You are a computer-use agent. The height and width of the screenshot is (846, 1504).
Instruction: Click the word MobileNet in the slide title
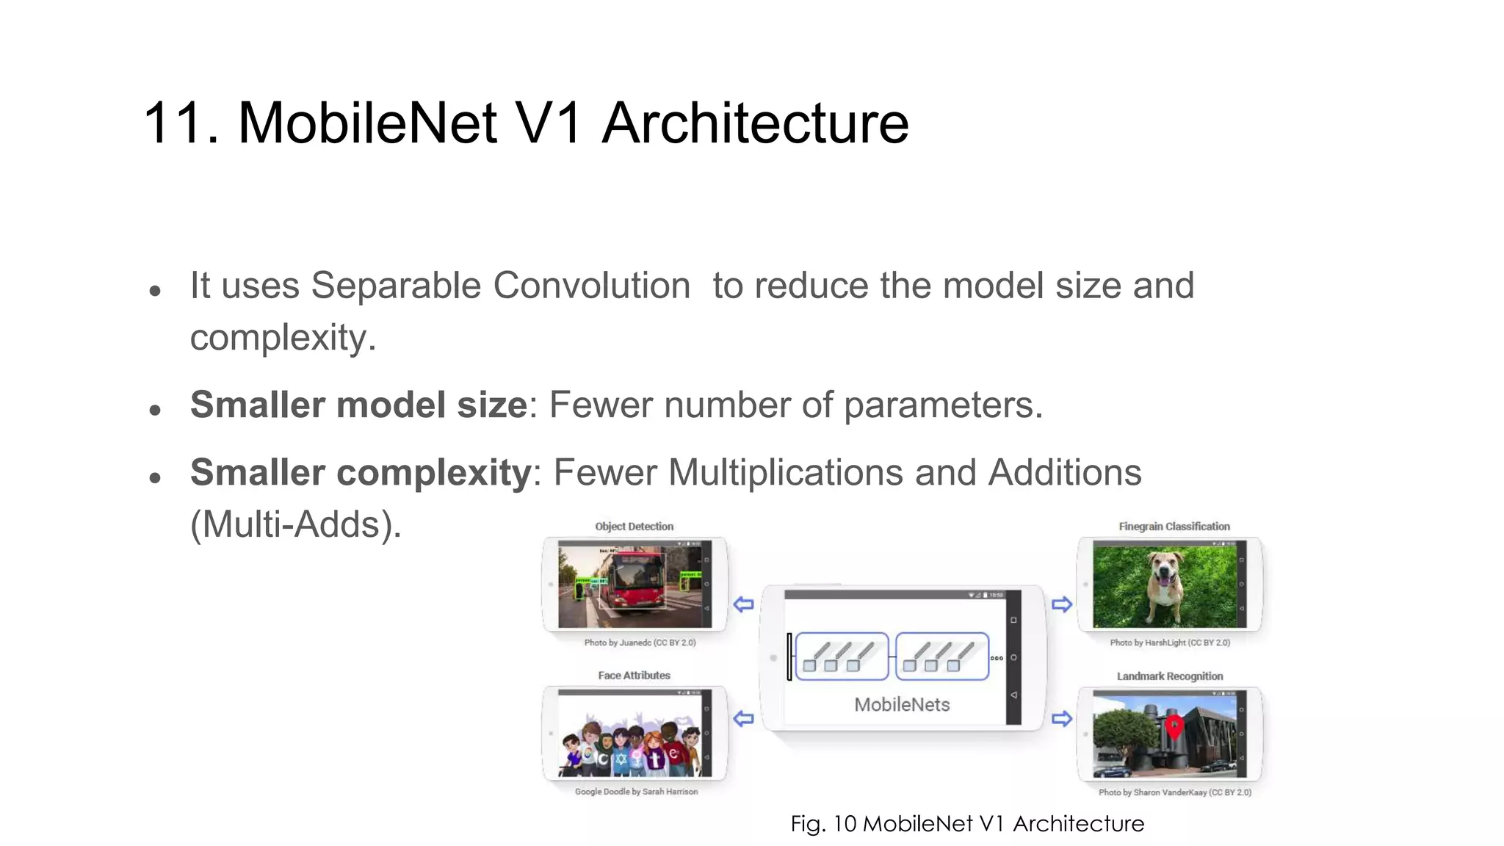(x=367, y=123)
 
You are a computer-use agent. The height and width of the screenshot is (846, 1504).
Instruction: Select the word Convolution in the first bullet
(x=591, y=286)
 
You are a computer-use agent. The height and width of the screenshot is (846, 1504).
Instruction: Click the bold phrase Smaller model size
(x=358, y=405)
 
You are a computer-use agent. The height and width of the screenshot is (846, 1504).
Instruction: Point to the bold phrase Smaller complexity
(x=360, y=472)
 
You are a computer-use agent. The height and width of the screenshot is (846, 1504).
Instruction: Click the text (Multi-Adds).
(x=295, y=525)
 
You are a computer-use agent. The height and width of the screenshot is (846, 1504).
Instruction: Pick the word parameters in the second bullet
(x=942, y=405)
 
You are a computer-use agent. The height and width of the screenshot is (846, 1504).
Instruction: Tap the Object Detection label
(x=634, y=527)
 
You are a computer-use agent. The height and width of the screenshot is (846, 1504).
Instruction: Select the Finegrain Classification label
(x=1174, y=527)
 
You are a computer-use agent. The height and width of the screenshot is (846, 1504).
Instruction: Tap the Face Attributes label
(x=634, y=676)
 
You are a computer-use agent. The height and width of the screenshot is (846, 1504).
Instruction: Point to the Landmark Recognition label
(x=1169, y=676)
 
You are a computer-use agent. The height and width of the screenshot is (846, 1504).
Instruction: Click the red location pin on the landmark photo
(x=1174, y=726)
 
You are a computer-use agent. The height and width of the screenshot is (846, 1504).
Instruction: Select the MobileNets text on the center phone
(x=902, y=705)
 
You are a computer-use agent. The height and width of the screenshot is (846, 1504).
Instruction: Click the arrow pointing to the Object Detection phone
(x=743, y=604)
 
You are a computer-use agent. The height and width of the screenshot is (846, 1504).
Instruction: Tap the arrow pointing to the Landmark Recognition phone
(x=1062, y=718)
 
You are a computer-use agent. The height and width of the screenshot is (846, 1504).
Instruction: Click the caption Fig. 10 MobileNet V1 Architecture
(x=966, y=824)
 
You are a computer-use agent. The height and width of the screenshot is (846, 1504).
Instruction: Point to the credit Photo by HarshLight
(x=1169, y=643)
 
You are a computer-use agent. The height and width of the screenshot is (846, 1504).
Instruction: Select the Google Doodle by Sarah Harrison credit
(x=636, y=792)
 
